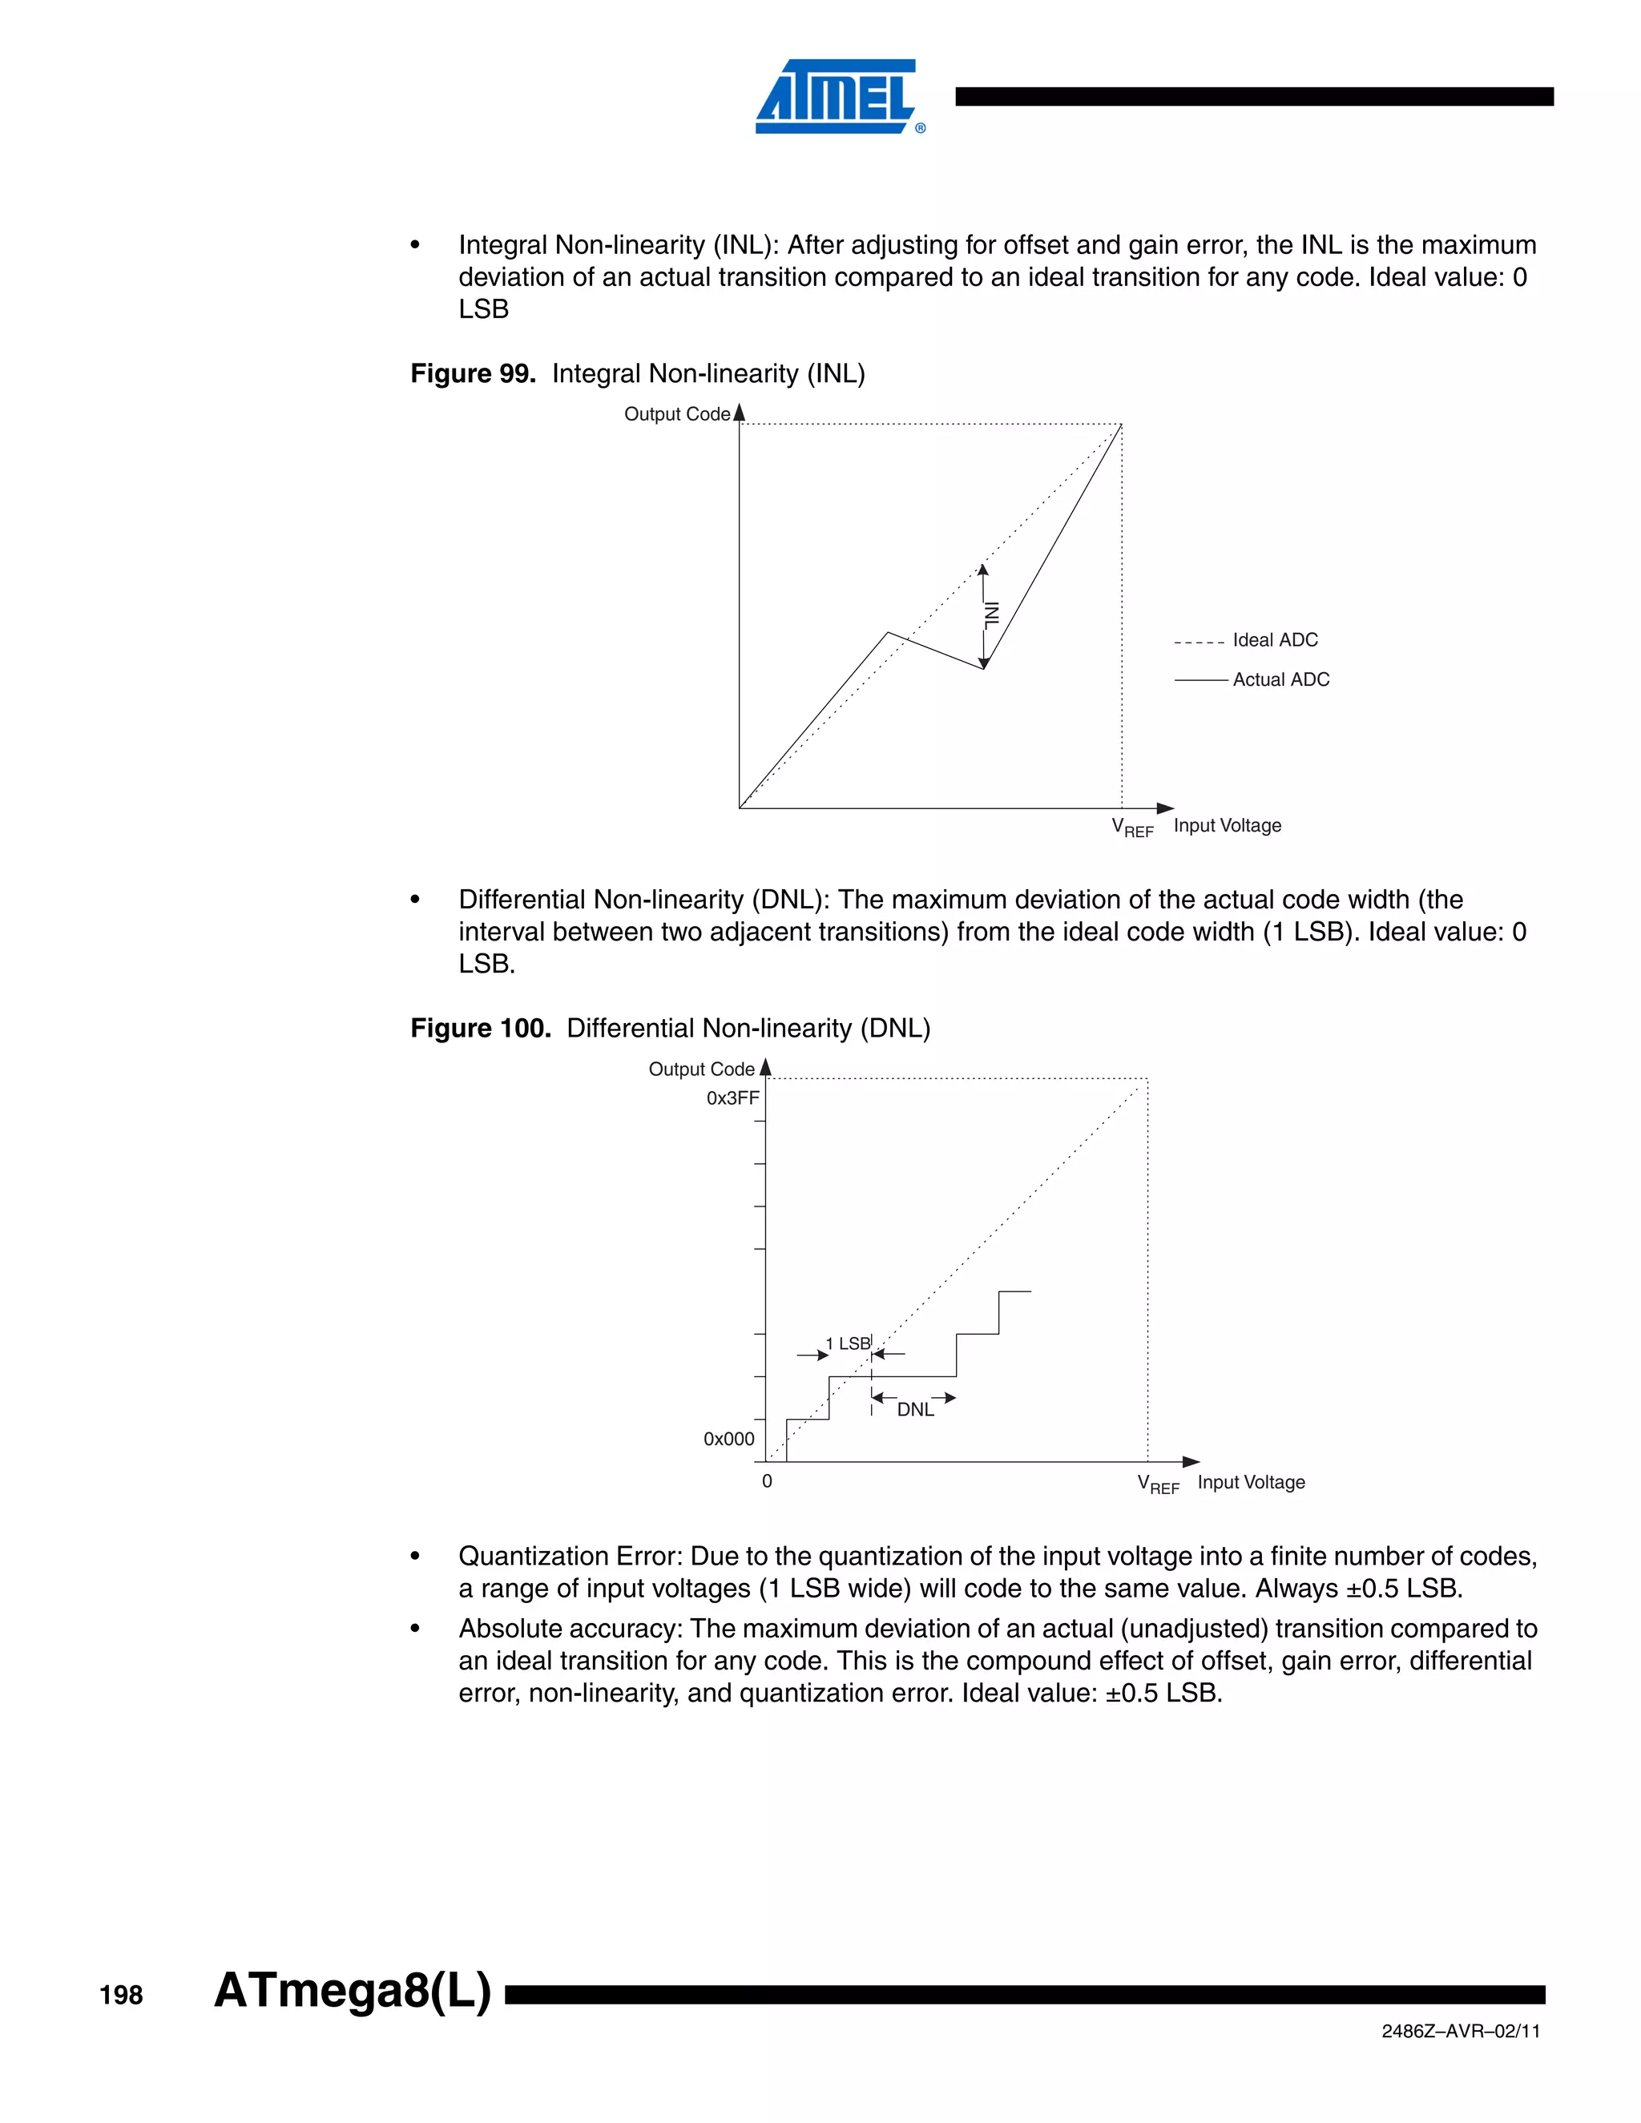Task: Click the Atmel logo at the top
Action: click(837, 95)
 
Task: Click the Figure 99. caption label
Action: click(473, 373)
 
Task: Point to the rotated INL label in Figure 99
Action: click(992, 614)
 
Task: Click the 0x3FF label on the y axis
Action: click(732, 1098)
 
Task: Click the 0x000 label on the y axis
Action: click(728, 1439)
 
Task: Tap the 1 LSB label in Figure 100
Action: click(848, 1343)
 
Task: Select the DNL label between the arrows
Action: click(915, 1409)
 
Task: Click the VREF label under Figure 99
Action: click(1131, 828)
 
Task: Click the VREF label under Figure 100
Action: click(1158, 1484)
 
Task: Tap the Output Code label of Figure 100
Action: click(701, 1070)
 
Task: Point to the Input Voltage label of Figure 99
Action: click(1227, 825)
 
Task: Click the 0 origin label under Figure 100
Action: click(767, 1481)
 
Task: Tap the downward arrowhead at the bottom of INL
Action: click(984, 663)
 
